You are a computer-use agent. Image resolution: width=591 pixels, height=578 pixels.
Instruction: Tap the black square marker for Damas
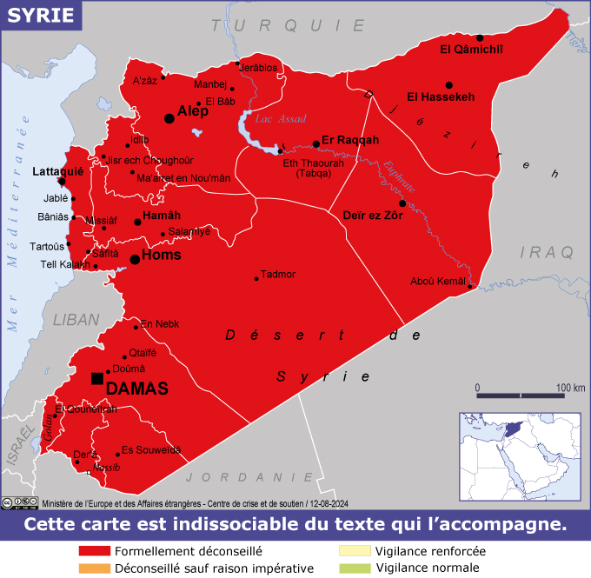coord(96,377)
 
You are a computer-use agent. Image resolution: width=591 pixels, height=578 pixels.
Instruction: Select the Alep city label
coord(193,112)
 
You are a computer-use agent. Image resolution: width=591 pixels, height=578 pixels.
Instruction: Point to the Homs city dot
coord(135,259)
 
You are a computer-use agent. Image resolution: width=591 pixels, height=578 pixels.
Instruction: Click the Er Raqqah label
coord(350,140)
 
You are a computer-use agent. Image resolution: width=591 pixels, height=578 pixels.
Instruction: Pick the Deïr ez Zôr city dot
coord(402,203)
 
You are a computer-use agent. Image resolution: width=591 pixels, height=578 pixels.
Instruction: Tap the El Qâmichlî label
coord(472,49)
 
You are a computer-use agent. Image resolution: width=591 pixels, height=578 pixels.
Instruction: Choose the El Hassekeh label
coord(442,96)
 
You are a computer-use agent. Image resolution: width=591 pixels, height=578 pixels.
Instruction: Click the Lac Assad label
coord(280,119)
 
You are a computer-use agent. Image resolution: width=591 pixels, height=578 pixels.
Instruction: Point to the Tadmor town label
coord(278,275)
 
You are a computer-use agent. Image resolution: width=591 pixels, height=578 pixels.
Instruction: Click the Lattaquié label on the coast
coord(56,172)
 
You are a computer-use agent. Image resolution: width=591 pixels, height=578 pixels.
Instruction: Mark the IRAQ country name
coord(548,252)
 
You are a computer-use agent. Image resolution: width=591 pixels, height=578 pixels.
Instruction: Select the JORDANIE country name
coord(250,477)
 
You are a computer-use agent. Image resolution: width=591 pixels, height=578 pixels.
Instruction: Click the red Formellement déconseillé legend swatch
coord(94,551)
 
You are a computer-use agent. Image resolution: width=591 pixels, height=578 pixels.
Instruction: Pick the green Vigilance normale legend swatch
coord(355,568)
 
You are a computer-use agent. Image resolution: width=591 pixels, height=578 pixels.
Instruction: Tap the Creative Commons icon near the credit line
coord(8,502)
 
